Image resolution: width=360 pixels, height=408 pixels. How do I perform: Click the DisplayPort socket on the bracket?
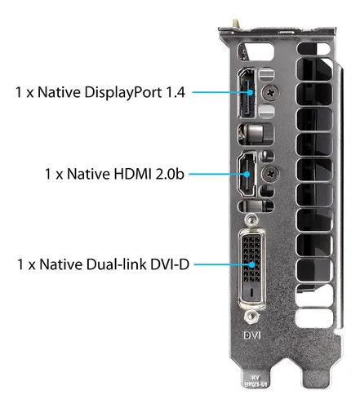click(247, 93)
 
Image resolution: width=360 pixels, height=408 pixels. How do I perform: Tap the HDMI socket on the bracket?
click(247, 174)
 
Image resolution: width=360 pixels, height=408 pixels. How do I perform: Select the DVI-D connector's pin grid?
click(251, 259)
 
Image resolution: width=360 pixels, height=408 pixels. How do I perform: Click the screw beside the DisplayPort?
click(270, 93)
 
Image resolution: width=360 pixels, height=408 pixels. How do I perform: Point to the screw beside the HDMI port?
click(270, 173)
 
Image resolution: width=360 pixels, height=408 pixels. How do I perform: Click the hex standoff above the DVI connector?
click(251, 219)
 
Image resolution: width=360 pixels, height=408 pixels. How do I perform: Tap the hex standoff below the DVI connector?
click(251, 317)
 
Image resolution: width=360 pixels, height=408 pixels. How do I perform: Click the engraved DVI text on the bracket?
click(252, 335)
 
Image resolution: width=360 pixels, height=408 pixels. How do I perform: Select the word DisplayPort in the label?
click(123, 93)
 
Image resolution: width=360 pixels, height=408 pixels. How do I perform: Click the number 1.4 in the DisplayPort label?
click(176, 92)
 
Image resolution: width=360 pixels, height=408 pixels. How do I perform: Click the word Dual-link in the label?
click(116, 264)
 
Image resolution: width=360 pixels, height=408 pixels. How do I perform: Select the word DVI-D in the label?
click(169, 264)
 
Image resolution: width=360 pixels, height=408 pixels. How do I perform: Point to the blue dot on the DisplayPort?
click(251, 92)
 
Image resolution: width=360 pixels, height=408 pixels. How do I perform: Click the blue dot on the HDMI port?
click(247, 174)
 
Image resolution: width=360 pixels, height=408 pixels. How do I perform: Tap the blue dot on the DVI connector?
click(252, 264)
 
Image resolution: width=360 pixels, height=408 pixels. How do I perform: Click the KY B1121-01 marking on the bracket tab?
click(256, 381)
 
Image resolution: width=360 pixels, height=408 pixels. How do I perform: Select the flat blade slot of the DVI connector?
click(251, 292)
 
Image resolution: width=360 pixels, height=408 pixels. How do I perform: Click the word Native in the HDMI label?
click(88, 174)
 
